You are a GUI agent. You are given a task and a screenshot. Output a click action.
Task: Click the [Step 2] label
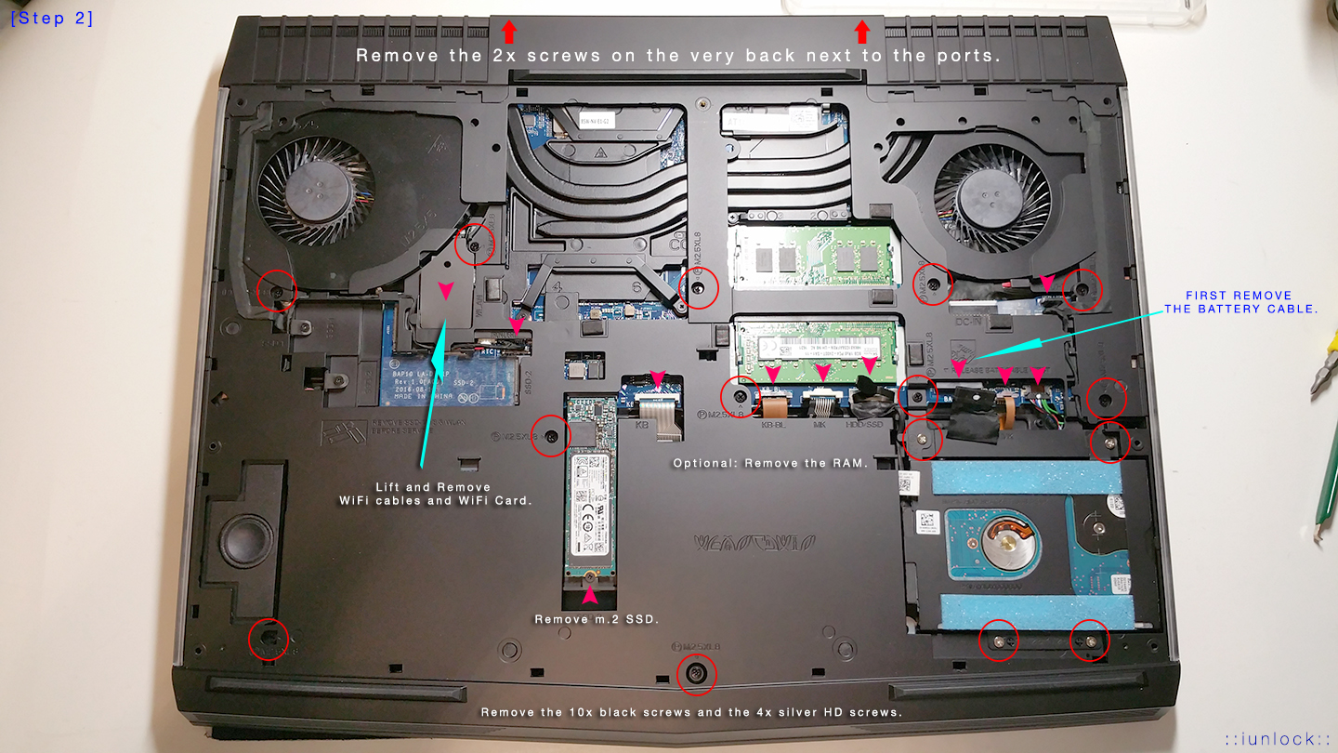point(51,18)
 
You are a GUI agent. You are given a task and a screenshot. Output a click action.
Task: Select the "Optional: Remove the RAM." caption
point(769,463)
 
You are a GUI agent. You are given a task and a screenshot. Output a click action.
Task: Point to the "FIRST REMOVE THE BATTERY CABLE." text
point(1240,302)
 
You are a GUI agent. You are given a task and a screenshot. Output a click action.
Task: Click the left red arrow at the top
point(508,32)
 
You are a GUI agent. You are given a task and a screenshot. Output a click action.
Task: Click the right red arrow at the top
point(862,32)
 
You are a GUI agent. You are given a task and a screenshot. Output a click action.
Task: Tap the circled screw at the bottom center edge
point(696,673)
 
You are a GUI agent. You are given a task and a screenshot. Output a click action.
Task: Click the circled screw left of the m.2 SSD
point(550,435)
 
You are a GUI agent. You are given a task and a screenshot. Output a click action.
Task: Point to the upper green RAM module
point(813,256)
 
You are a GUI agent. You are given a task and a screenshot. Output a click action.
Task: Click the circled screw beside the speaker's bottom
point(269,638)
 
